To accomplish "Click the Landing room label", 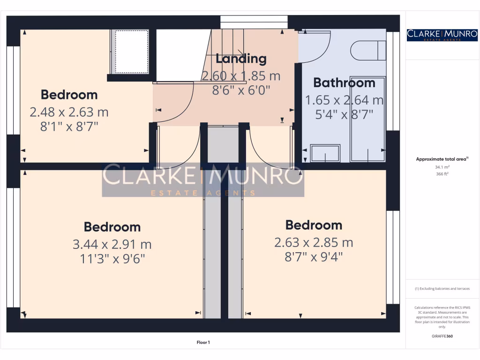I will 241,59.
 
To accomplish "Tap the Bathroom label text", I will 344,83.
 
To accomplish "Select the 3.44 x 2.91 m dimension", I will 112,244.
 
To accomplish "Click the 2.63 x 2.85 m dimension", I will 314,242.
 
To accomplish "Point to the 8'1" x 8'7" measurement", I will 69,127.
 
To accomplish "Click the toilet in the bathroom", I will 368,51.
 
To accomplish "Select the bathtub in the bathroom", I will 368,120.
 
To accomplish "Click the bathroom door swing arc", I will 316,49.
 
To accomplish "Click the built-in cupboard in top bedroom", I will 131,52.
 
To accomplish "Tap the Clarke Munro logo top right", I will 442,35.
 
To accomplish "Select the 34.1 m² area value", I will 442,166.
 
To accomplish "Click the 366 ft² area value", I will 442,173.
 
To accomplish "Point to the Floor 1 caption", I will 203,343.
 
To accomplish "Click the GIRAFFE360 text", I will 442,336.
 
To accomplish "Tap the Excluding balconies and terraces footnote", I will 442,289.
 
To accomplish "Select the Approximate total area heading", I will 441,159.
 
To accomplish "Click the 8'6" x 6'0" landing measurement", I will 241,90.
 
